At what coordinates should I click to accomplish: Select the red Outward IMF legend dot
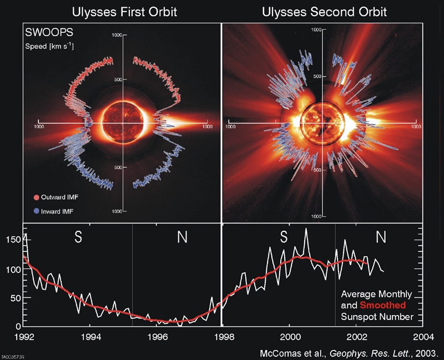coord(37,197)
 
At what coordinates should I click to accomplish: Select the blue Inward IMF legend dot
coord(37,211)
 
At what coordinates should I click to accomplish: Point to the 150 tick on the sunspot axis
coord(12,240)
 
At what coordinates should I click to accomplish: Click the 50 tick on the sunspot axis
coord(14,298)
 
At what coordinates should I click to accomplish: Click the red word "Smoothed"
coord(382,305)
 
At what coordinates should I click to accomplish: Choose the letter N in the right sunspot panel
coord(381,237)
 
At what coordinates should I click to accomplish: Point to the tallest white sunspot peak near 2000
coord(305,229)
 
